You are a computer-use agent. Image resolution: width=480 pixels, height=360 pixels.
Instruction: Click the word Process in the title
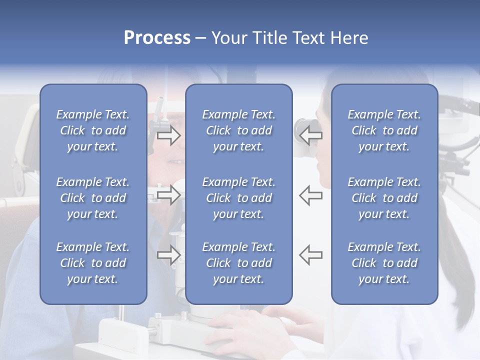click(x=157, y=38)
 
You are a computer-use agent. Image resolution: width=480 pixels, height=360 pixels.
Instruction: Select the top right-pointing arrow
click(x=169, y=135)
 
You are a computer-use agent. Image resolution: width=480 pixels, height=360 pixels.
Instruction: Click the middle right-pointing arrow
click(x=169, y=195)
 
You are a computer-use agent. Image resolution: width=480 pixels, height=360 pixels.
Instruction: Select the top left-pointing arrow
click(x=310, y=135)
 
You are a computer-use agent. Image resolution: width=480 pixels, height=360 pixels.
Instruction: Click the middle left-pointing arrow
click(x=310, y=195)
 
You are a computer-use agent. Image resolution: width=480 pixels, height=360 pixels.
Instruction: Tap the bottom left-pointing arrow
click(x=310, y=254)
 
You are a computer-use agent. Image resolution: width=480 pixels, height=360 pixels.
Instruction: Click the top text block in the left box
click(x=93, y=130)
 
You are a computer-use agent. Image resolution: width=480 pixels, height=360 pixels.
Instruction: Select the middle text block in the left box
click(x=93, y=198)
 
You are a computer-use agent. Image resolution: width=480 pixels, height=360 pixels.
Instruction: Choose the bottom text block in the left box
click(x=93, y=263)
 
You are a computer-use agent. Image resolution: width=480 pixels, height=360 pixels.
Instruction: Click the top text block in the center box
click(x=238, y=130)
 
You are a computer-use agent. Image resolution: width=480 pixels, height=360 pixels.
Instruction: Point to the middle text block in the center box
click(x=238, y=198)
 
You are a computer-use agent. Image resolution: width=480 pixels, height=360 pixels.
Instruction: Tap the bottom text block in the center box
click(x=238, y=263)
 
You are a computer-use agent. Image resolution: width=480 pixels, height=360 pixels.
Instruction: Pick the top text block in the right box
click(x=384, y=130)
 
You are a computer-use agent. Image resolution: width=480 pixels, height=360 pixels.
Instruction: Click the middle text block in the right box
click(x=384, y=198)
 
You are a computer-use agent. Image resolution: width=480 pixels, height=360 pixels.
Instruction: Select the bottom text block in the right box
click(x=384, y=263)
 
